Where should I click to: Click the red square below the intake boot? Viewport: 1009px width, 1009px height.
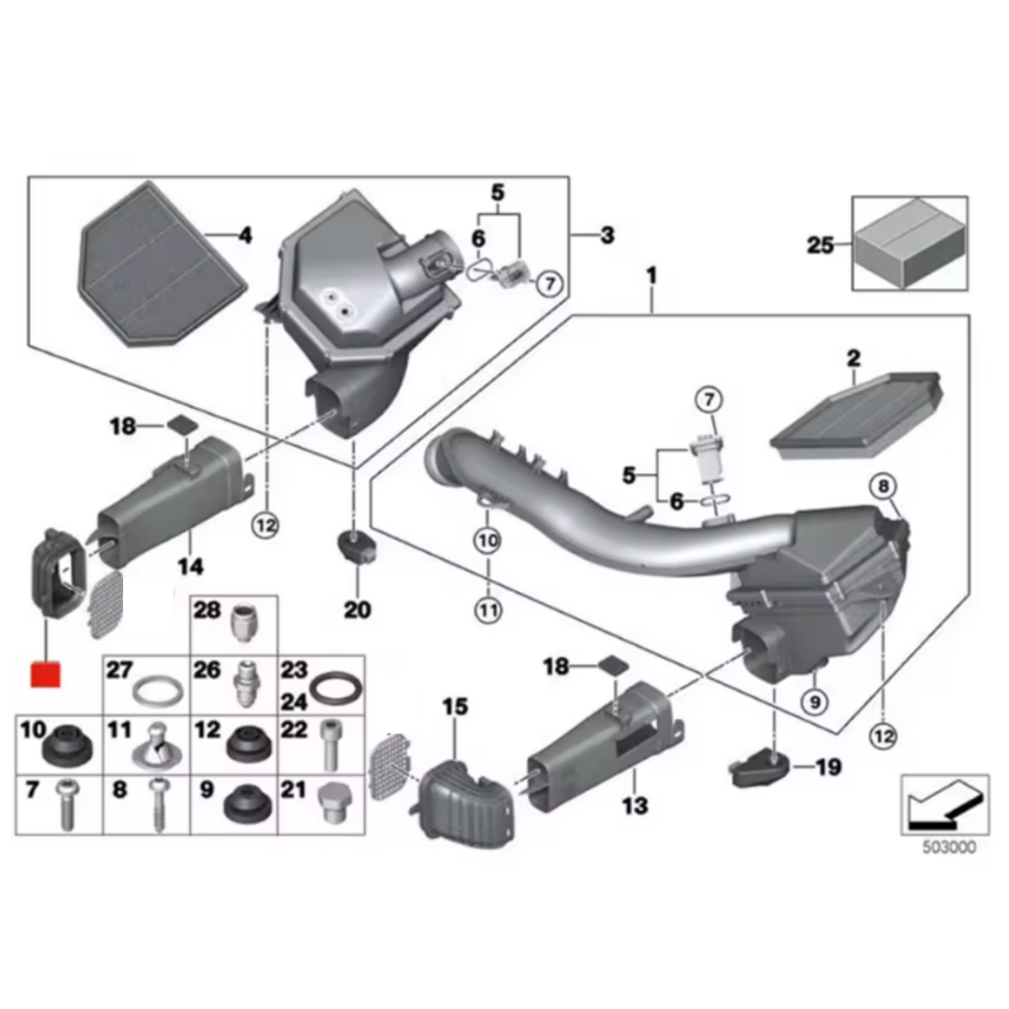45,674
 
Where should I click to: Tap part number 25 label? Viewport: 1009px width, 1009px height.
820,245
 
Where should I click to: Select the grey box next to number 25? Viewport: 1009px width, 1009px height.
910,242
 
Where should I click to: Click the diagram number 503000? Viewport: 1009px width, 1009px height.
949,848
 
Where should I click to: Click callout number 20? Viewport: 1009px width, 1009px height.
357,610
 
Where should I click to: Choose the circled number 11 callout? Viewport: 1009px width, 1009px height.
488,611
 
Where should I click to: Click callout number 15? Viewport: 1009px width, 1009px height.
455,707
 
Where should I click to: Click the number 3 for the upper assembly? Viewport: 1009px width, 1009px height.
607,235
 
